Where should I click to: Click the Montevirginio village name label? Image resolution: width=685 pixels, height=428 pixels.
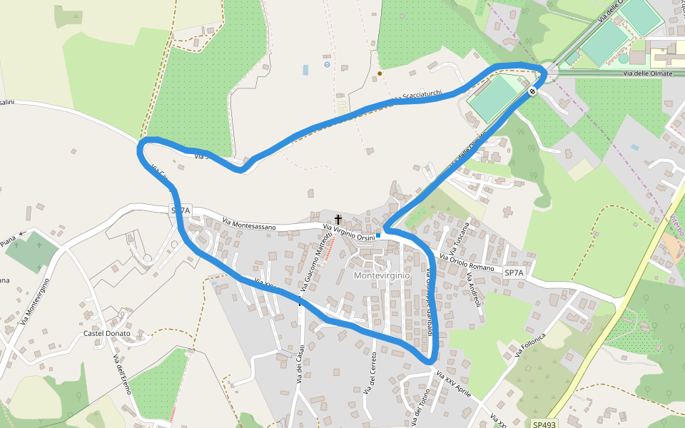[x=382, y=275]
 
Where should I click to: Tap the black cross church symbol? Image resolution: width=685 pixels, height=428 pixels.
[x=338, y=220]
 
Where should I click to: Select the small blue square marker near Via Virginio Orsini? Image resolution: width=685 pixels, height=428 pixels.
[x=378, y=235]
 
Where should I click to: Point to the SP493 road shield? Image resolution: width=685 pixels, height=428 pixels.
[x=544, y=424]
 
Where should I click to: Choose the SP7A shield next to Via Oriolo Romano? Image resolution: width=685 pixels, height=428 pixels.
[x=514, y=273]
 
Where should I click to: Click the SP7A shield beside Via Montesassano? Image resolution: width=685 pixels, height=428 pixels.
[x=181, y=210]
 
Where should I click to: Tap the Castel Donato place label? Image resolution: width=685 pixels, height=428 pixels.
[x=107, y=333]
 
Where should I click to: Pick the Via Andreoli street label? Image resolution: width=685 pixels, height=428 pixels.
[x=474, y=290]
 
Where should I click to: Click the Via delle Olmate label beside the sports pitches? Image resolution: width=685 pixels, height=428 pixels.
[x=647, y=73]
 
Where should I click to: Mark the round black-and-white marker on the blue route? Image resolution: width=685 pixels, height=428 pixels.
[x=533, y=91]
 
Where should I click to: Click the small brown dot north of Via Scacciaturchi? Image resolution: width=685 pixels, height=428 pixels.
[x=380, y=73]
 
